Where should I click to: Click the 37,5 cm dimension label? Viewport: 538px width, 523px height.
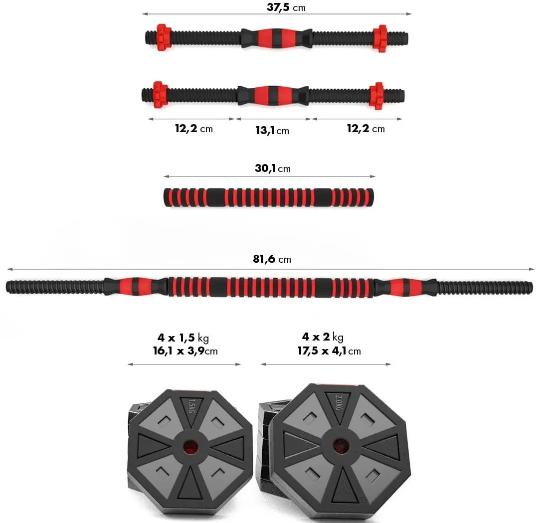point(286,7)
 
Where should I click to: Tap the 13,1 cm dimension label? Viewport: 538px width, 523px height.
point(272,130)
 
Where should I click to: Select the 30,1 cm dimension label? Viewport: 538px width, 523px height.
point(272,169)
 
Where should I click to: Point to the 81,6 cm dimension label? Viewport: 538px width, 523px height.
point(272,259)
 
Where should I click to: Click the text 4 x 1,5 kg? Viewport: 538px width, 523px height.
point(183,339)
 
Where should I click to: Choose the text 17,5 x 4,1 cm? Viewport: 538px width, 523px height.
point(329,351)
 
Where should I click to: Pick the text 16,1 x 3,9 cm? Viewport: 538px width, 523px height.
point(185,351)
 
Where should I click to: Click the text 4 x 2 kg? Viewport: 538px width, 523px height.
point(323,338)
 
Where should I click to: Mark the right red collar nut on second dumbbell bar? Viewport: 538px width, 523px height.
point(376,95)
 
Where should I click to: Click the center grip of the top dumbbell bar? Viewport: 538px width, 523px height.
point(276,37)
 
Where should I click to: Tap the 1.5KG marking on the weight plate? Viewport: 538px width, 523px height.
point(193,405)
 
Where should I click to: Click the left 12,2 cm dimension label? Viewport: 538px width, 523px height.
point(193,129)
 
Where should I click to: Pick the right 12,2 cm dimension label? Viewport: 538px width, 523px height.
point(365,129)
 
